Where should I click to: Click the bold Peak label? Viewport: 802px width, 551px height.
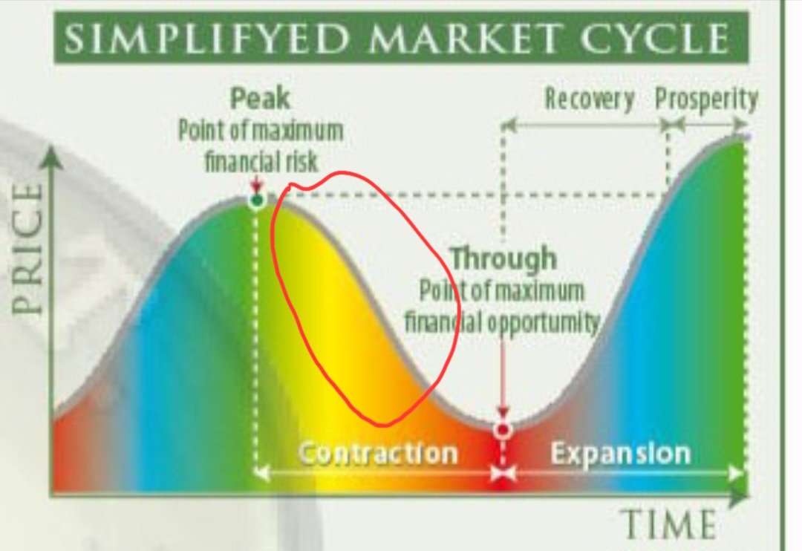260,98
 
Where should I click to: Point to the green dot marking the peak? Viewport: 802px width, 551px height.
257,200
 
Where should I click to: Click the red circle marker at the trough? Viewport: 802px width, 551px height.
503,429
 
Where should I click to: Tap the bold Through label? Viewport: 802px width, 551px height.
504,258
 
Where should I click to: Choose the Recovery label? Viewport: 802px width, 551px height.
590,100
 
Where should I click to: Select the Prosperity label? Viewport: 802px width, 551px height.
706,100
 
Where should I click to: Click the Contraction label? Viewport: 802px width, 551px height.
378,453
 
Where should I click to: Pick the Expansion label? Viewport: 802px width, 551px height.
620,453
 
